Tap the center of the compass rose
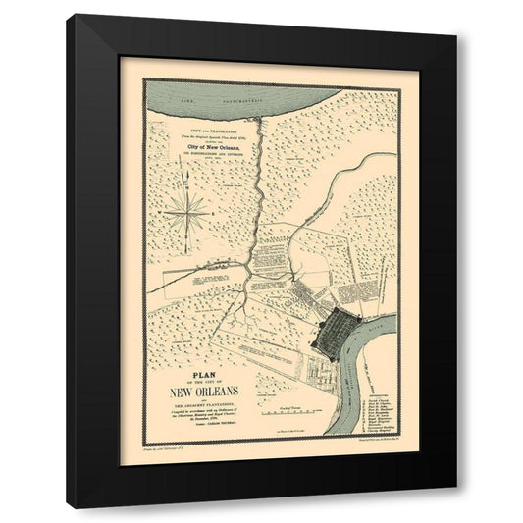coord(186,208)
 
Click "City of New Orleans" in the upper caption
coord(210,148)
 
